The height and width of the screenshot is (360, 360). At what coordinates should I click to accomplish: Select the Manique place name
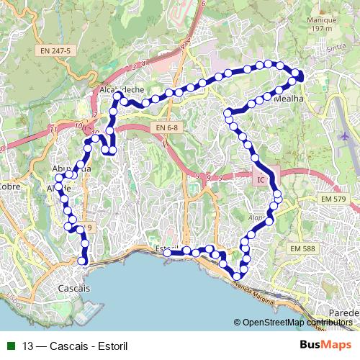pos(321,40)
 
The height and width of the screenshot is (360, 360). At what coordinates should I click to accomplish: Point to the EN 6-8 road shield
pos(166,127)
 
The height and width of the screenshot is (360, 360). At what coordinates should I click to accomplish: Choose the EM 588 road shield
pos(302,248)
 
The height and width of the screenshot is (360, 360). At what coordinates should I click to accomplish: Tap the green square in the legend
pos(10,344)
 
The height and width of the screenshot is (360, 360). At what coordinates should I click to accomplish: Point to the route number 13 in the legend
pos(27,344)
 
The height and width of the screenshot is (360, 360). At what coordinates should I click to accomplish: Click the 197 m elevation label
pos(321,49)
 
